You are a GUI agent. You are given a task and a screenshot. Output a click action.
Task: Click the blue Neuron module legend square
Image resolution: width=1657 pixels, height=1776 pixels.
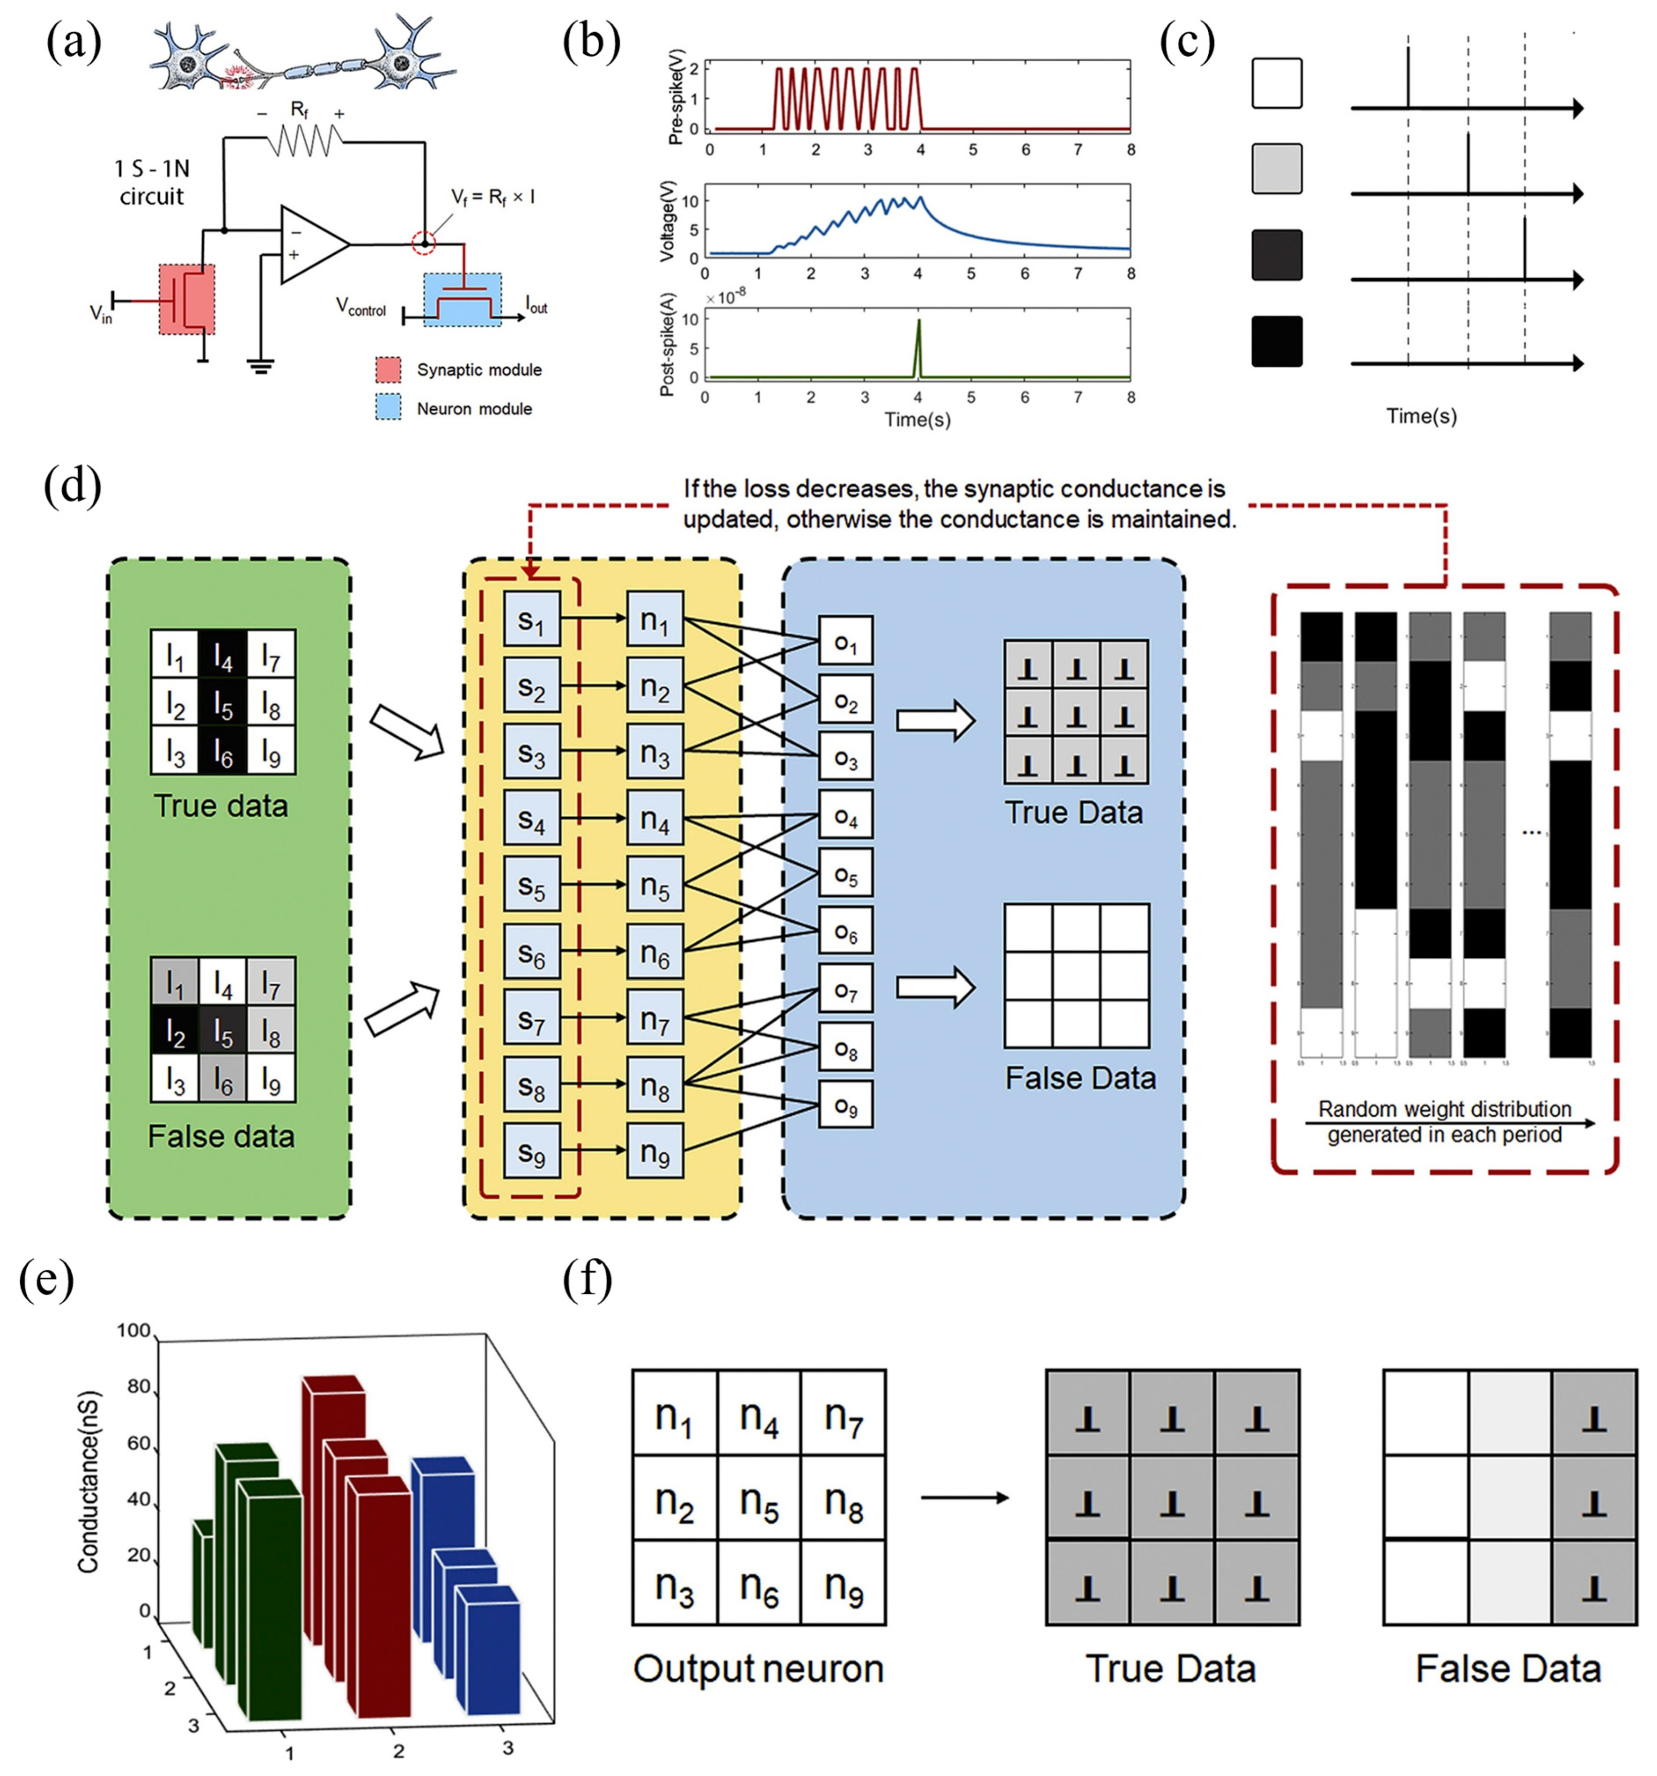pyautogui.click(x=388, y=408)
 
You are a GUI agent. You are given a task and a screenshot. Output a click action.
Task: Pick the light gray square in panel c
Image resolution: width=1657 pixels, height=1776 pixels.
pyautogui.click(x=1276, y=169)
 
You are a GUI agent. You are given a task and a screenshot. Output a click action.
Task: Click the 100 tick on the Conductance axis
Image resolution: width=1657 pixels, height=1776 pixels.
pyautogui.click(x=133, y=1330)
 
